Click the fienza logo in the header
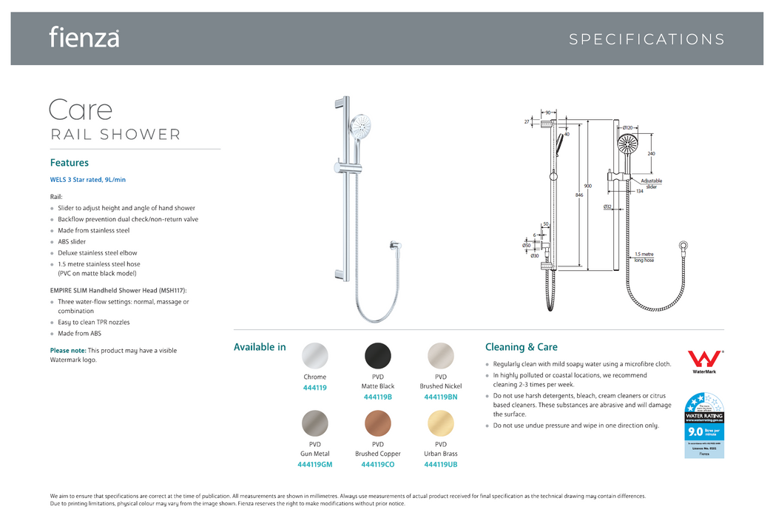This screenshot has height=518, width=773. point(84,37)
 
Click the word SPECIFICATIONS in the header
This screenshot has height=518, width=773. point(647,40)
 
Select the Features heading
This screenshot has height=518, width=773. point(70,163)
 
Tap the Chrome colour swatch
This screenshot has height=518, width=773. point(315,356)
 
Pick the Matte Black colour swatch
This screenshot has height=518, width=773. point(378,356)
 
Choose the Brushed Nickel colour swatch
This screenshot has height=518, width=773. point(441,356)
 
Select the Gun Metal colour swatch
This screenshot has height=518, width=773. point(315,423)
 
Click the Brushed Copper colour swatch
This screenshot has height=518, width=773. point(378,423)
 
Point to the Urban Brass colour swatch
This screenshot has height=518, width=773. point(441,423)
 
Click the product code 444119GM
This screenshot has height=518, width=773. point(315,465)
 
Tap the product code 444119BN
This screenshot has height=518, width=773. point(441,397)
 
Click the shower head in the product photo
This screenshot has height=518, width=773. point(362,128)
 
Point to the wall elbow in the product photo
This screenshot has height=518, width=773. point(393,247)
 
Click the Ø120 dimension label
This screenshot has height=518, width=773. point(627,128)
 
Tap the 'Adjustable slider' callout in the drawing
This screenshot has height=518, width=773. point(651,184)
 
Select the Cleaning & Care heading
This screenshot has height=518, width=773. point(521,347)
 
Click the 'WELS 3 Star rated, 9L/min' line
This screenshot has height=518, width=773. point(88,180)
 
